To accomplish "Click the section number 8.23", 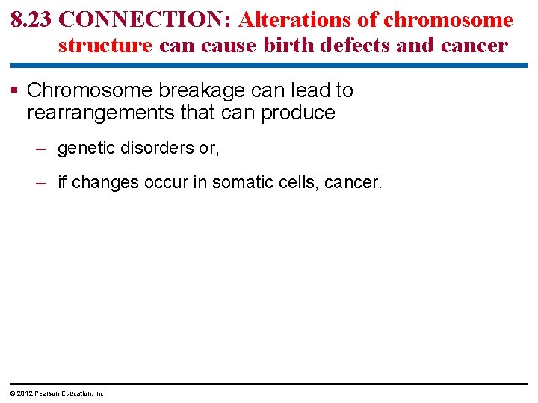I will coord(31,20).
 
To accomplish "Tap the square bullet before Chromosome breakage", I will coord(16,91).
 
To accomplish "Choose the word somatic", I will coord(243,183).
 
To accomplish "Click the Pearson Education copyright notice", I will coord(58,393).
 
